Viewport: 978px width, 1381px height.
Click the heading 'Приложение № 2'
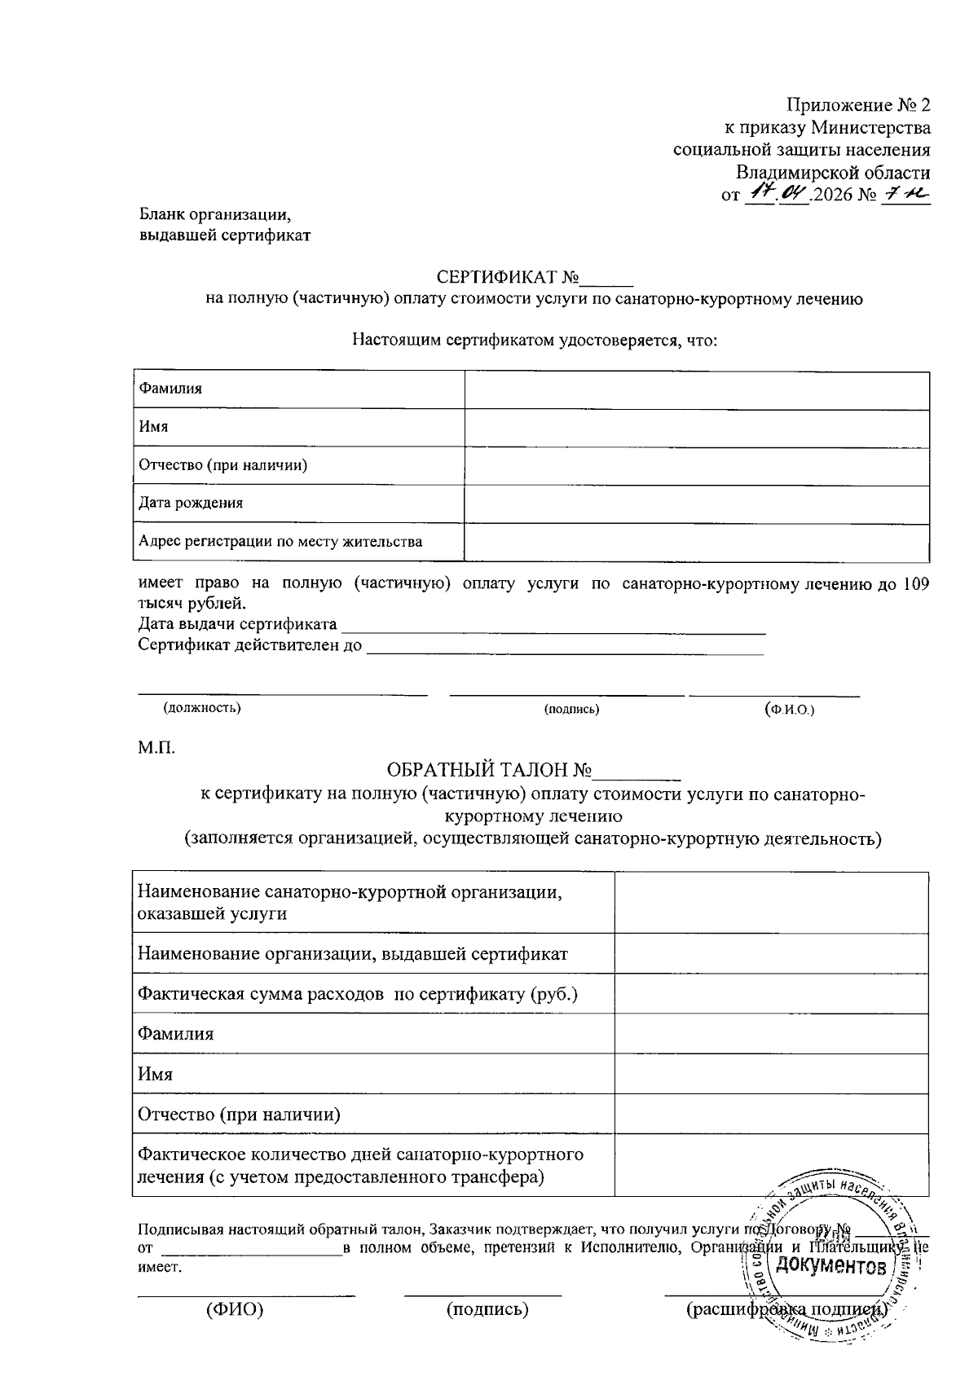pyautogui.click(x=857, y=105)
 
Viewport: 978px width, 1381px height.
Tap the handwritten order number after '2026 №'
pyautogui.click(x=906, y=194)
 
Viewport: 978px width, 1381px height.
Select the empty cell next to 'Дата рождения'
pyautogui.click(x=697, y=504)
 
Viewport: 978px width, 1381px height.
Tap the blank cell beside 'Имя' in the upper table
pyautogui.click(x=697, y=427)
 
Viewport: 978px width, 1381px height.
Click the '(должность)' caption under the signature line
pyautogui.click(x=202, y=707)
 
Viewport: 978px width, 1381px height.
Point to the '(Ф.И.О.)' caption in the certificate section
pyautogui.click(x=789, y=709)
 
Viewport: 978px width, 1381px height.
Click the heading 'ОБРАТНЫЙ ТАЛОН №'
pyautogui.click(x=489, y=770)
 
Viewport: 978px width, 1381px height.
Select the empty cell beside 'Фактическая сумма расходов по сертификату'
pyautogui.click(x=771, y=994)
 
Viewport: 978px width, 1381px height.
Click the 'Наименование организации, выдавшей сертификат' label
pyautogui.click(x=353, y=953)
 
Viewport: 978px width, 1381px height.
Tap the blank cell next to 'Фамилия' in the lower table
pyautogui.click(x=771, y=1034)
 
